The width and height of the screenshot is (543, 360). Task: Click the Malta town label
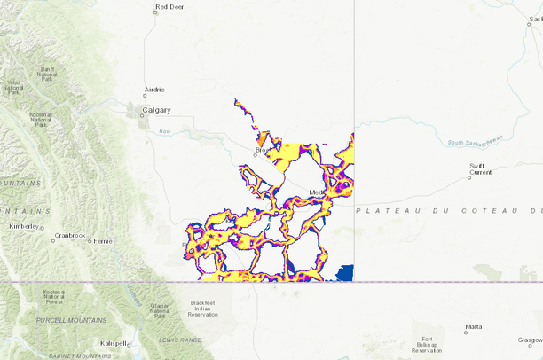473,327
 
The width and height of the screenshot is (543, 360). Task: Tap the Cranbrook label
68,235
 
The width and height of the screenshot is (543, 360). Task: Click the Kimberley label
24,226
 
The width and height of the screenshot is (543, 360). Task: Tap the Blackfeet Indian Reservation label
203,308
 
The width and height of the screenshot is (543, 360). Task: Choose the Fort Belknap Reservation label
428,345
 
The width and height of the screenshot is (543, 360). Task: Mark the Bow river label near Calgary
163,131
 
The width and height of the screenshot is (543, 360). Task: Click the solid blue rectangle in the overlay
344,272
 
